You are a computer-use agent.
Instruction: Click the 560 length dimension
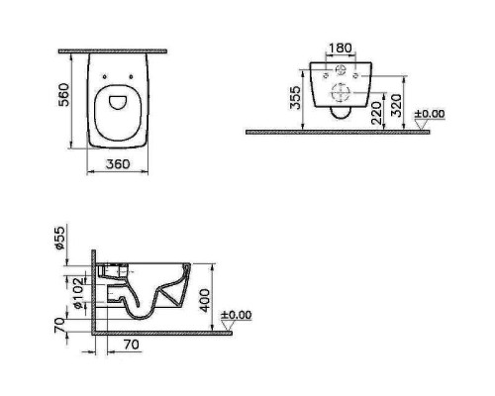click(x=63, y=95)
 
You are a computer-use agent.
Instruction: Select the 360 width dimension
click(x=118, y=163)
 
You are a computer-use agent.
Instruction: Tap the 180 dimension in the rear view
click(x=341, y=49)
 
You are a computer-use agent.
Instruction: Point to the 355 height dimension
click(x=295, y=97)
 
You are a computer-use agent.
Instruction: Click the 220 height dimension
click(x=376, y=113)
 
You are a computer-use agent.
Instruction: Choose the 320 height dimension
click(x=396, y=106)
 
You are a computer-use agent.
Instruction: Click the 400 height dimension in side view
click(x=205, y=300)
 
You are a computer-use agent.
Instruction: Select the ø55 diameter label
click(x=60, y=239)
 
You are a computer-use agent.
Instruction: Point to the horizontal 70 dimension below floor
click(x=132, y=345)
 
